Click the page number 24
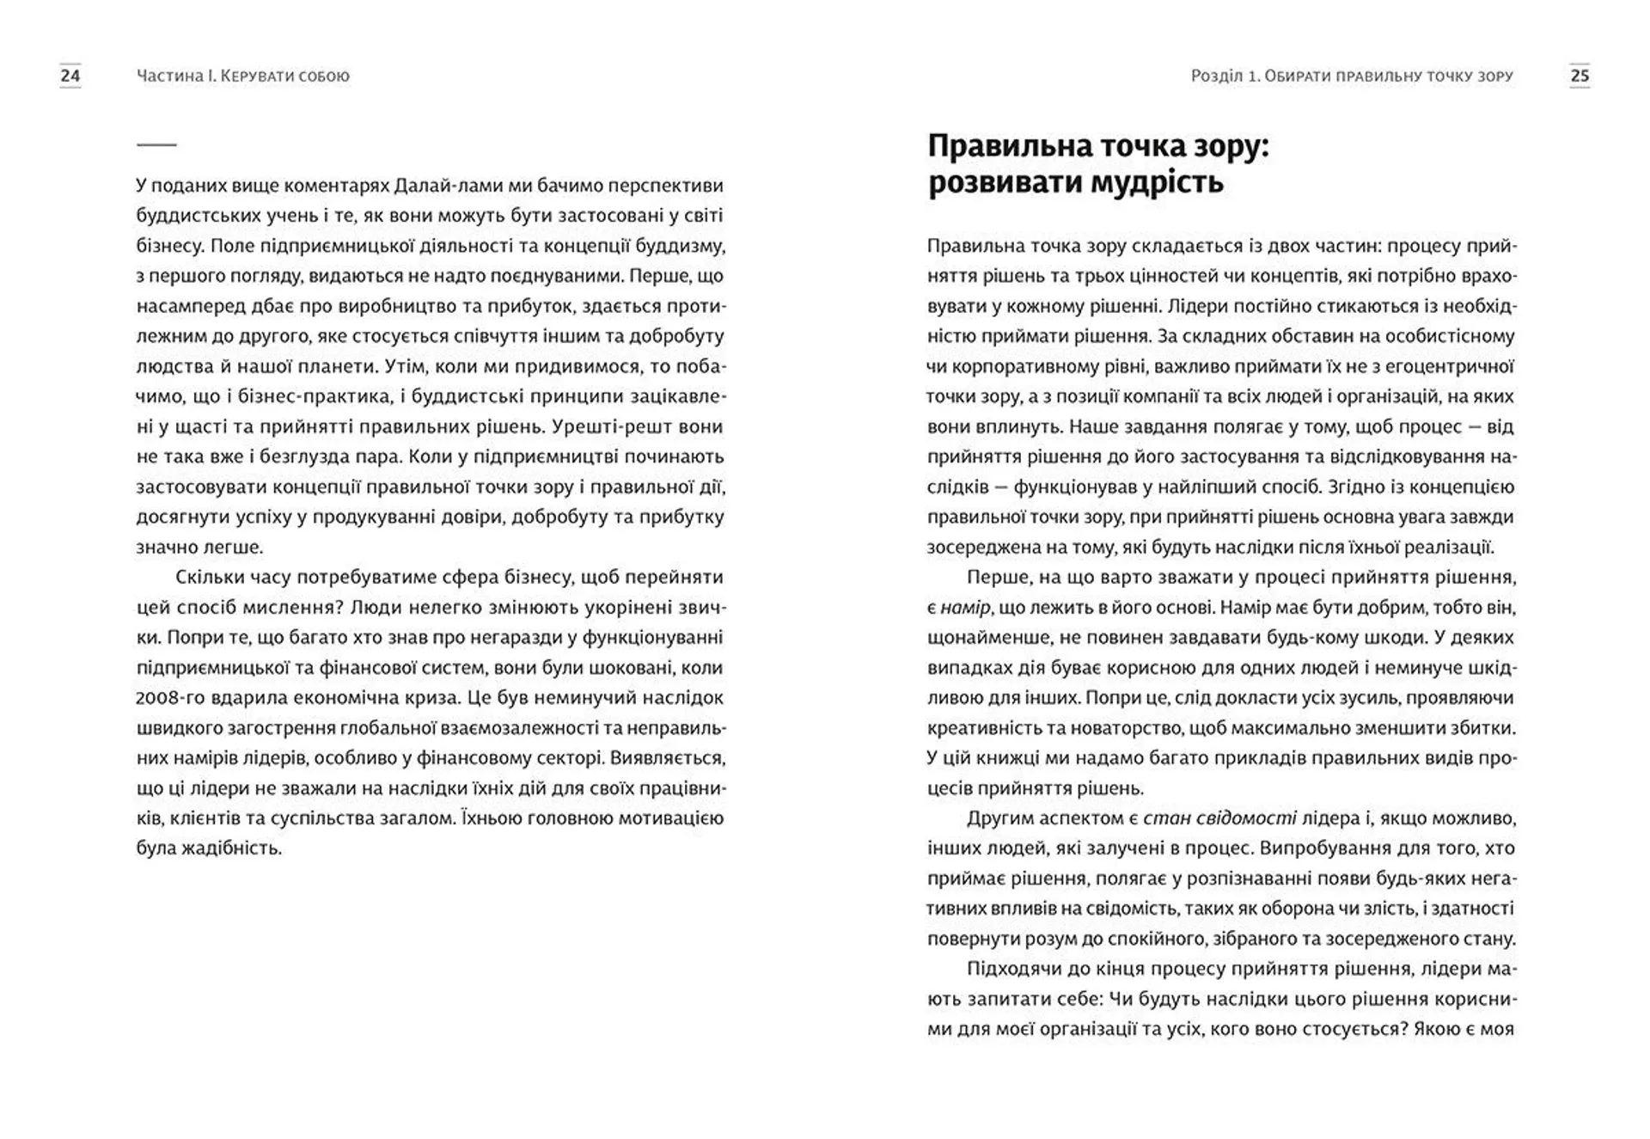pos(70,76)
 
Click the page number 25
pos(1580,76)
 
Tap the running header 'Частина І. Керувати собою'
pos(243,76)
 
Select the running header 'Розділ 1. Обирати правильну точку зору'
pos(1352,76)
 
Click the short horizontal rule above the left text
pos(156,144)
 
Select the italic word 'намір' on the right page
pos(964,608)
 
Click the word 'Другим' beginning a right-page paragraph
pos(998,818)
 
